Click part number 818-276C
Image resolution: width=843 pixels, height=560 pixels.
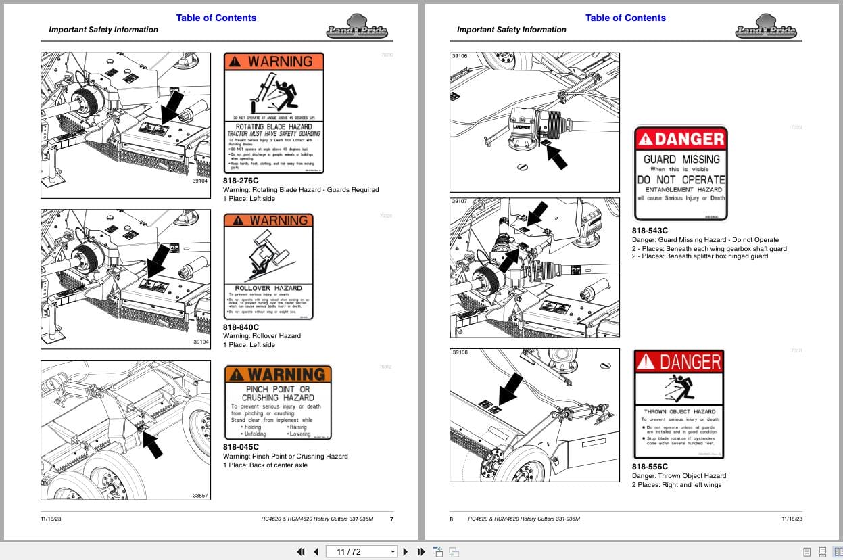tap(241, 181)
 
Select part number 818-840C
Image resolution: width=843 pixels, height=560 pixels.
tap(241, 327)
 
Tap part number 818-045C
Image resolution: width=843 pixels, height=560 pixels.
tap(241, 447)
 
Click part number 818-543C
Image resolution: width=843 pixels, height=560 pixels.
tap(650, 231)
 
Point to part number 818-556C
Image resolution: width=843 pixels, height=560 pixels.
tap(650, 467)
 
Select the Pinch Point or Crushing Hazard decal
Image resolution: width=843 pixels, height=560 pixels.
tap(278, 402)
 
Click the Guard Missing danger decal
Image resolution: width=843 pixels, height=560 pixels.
tap(680, 173)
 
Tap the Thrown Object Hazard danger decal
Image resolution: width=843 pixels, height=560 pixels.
tap(679, 404)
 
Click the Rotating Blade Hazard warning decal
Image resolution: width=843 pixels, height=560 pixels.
tap(273, 114)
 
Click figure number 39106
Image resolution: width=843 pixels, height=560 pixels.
tap(460, 57)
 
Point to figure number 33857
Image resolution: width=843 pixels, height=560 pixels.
tap(201, 496)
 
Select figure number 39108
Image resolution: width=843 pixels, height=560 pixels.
tap(460, 352)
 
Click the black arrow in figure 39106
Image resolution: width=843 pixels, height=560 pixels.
tap(556, 156)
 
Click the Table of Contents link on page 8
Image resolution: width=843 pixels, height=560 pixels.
tap(625, 18)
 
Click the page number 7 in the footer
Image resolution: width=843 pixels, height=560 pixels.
tap(391, 519)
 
